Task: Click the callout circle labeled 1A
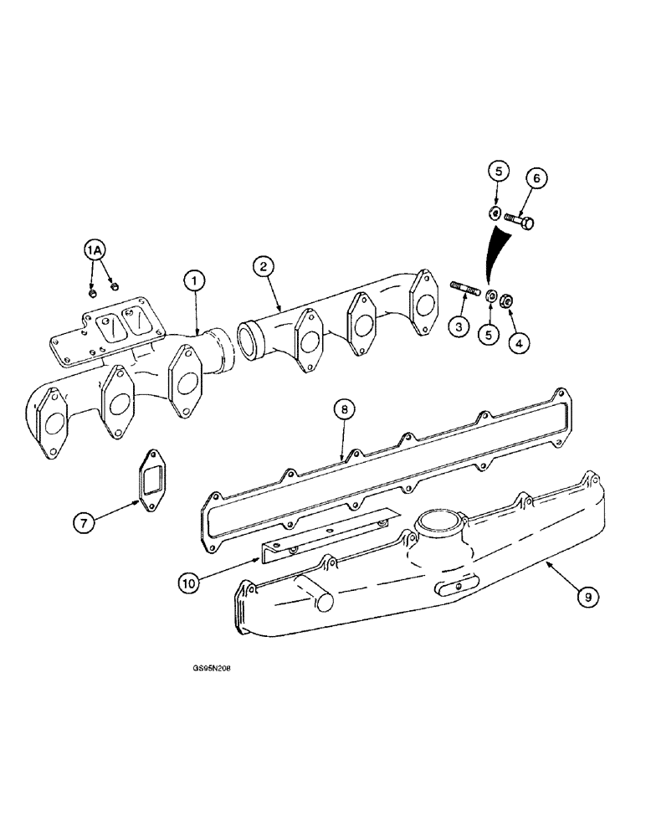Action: (95, 250)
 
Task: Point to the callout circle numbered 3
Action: (458, 327)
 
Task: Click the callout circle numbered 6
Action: (537, 178)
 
